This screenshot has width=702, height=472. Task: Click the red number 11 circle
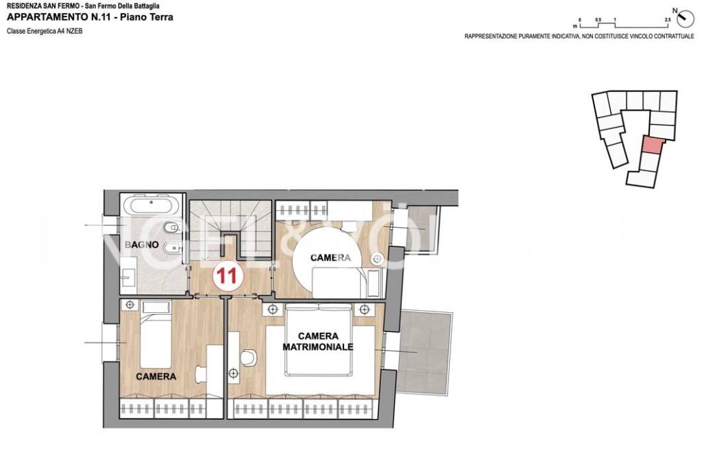point(228,275)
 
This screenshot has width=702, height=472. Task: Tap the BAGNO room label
point(141,244)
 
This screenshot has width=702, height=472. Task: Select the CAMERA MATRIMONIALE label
point(318,341)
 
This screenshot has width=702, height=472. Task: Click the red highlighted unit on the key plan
point(652,144)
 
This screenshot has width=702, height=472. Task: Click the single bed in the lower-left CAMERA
point(156,333)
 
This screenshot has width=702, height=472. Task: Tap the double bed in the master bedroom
point(319,340)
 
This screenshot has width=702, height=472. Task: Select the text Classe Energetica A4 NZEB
point(45,32)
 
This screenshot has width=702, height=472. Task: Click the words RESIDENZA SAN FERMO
point(43,5)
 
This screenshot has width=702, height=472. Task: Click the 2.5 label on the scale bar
point(668,20)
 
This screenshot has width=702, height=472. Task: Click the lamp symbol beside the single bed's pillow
point(130,305)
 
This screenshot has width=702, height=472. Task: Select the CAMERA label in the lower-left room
point(156,377)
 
